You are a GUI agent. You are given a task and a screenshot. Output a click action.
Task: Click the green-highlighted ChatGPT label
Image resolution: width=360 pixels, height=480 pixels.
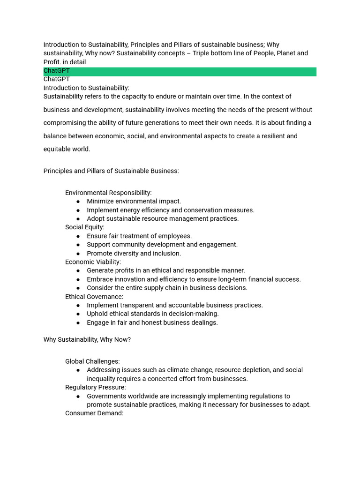[57, 71]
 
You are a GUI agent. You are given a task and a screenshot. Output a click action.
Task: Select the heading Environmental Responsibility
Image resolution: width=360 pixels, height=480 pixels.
[108, 193]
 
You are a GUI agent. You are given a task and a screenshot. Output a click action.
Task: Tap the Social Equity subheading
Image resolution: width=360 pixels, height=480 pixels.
[85, 227]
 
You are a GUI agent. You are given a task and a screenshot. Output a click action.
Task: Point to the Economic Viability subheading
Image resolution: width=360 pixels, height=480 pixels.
[93, 262]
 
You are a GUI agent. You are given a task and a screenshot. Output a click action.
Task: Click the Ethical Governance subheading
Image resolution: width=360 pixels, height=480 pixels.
[94, 297]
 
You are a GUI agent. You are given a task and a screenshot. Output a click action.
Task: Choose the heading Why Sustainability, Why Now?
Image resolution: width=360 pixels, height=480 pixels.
[87, 339]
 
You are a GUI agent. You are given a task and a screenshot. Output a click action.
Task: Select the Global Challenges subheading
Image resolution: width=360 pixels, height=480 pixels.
[92, 361]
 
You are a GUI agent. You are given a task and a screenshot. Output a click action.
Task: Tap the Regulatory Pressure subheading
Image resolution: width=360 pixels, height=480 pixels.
[96, 387]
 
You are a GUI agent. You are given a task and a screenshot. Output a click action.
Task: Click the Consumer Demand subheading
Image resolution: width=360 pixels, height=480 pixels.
[94, 413]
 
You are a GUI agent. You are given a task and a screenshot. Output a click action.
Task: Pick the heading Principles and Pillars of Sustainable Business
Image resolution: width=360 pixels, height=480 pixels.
[111, 171]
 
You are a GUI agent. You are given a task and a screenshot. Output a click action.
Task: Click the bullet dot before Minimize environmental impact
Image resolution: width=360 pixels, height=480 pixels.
[78, 202]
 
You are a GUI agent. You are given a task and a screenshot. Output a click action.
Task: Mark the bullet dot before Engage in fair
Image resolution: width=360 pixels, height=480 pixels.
[78, 323]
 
